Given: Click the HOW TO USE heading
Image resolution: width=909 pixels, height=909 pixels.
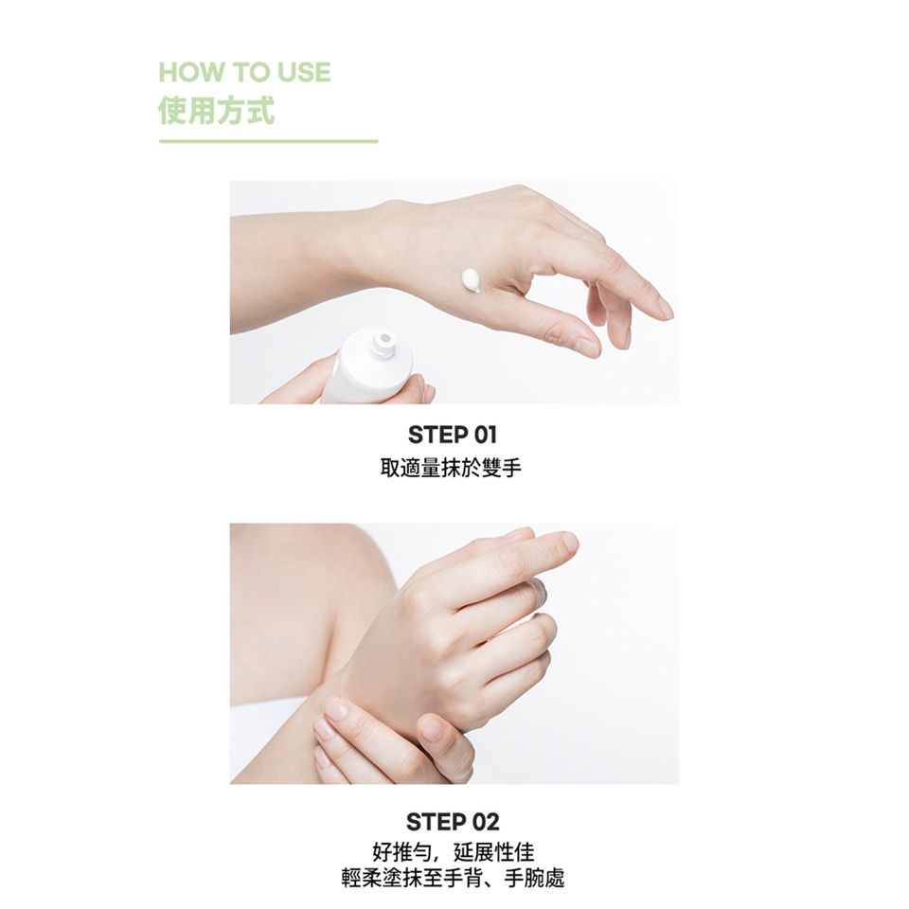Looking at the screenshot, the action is tap(244, 73).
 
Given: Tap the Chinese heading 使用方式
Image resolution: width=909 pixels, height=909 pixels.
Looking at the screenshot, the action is tap(216, 111).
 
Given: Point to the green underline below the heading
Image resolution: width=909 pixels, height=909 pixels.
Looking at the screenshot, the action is tap(268, 141).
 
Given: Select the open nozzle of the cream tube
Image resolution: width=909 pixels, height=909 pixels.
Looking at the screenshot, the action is tap(383, 340).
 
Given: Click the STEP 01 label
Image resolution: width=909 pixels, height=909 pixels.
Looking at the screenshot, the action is tap(453, 435).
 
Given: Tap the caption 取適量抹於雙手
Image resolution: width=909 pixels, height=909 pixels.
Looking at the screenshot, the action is tap(452, 468).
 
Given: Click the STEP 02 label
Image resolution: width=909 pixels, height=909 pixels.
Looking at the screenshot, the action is tap(453, 822).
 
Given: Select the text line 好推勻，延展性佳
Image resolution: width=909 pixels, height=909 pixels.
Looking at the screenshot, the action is tap(453, 852).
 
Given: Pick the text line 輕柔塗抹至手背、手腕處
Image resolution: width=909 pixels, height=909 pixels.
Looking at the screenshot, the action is tap(453, 878).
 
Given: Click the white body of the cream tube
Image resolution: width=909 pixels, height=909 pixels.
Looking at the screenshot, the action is tap(370, 370).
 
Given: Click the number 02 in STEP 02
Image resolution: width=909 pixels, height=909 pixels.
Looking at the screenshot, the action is tap(486, 822).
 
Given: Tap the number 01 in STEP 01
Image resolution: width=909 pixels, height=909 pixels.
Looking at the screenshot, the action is tap(486, 435).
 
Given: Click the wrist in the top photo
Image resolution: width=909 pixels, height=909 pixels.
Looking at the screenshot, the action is tap(371, 255).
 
